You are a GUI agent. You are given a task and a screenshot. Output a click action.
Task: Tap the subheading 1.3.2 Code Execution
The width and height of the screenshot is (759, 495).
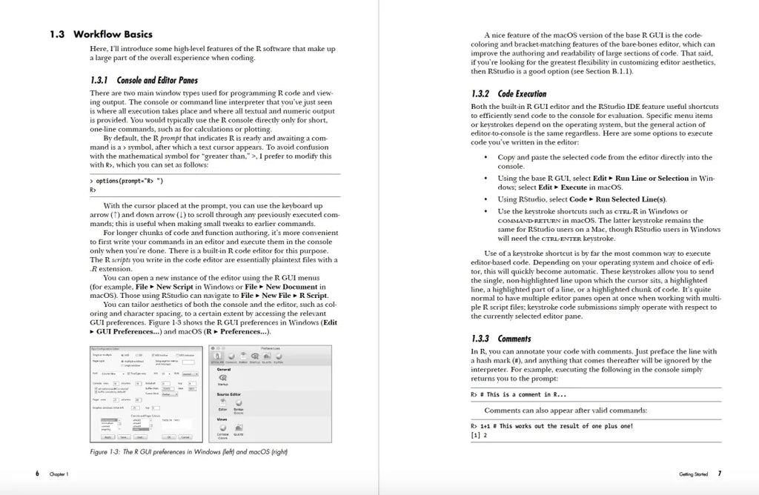click(509, 94)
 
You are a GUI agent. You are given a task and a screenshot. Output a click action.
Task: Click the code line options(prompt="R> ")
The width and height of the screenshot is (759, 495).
click(126, 181)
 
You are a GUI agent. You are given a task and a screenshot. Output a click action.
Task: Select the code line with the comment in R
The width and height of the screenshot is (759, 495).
click(518, 395)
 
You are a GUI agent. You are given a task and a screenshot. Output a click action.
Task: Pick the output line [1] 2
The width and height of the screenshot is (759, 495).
click(479, 435)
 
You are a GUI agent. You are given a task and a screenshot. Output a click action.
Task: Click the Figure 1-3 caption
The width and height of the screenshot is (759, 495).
click(188, 451)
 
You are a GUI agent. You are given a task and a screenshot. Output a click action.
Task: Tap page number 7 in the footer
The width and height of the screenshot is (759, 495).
click(719, 473)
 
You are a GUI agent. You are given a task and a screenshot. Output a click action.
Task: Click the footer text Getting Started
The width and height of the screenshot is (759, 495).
click(692, 474)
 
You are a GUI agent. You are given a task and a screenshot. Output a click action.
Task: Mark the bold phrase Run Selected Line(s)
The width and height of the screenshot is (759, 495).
click(630, 199)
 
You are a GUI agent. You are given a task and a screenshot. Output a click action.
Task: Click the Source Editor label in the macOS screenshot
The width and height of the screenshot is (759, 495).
click(230, 394)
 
